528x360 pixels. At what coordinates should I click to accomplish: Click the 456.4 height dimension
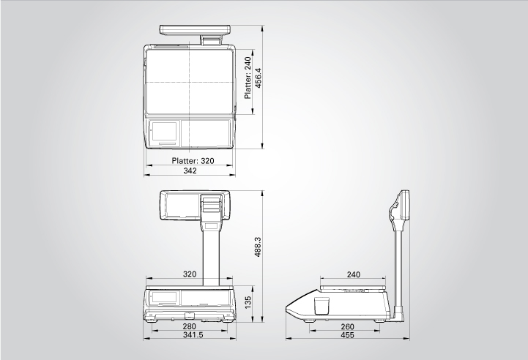[259, 78]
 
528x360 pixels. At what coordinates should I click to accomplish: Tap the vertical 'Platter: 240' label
[248, 78]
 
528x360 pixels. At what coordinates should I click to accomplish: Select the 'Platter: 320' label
[193, 161]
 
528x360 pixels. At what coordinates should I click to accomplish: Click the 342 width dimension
[190, 170]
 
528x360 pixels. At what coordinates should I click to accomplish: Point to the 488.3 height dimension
[258, 247]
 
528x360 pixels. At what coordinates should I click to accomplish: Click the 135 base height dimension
[248, 302]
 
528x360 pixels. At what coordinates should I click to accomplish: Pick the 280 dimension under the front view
[189, 326]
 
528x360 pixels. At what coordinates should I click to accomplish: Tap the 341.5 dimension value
[193, 335]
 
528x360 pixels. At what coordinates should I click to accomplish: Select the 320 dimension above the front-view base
[190, 274]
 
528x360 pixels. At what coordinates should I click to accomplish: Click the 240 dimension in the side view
[353, 274]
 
